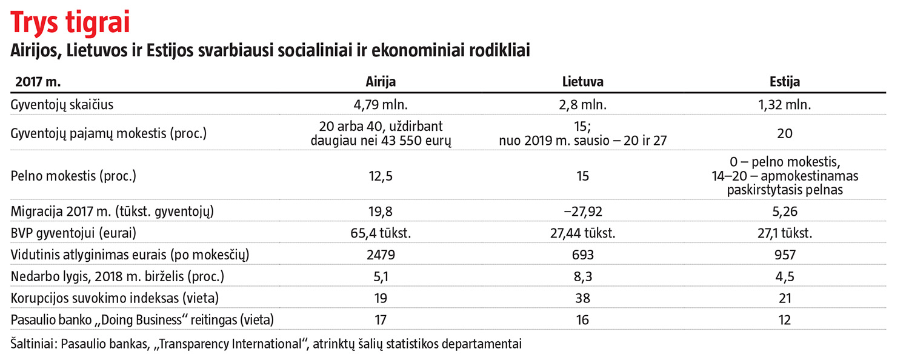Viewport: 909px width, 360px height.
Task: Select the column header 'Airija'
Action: [x=381, y=82]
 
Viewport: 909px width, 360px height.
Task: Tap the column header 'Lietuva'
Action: [x=582, y=82]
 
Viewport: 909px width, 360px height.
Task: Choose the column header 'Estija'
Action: [x=785, y=82]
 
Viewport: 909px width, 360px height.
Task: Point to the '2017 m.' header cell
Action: [x=39, y=82]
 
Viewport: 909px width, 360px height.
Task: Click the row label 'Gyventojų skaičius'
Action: [x=62, y=105]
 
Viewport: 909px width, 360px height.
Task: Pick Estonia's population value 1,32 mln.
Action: [x=785, y=105]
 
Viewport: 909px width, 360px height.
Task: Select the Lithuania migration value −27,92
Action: [x=582, y=212]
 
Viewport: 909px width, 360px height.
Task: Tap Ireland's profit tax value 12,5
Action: [x=381, y=176]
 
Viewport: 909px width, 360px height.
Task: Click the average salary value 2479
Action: [x=381, y=255]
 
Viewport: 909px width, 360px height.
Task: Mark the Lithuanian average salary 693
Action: [x=582, y=255]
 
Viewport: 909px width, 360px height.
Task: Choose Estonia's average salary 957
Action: [x=785, y=255]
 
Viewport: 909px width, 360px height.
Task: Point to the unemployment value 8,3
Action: [x=582, y=277]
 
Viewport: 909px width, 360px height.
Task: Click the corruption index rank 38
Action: [x=582, y=299]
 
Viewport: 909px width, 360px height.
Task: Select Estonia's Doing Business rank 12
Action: [x=785, y=320]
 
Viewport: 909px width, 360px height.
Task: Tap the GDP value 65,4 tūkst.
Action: [x=381, y=233]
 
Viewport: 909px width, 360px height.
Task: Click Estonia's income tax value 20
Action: [x=785, y=134]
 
